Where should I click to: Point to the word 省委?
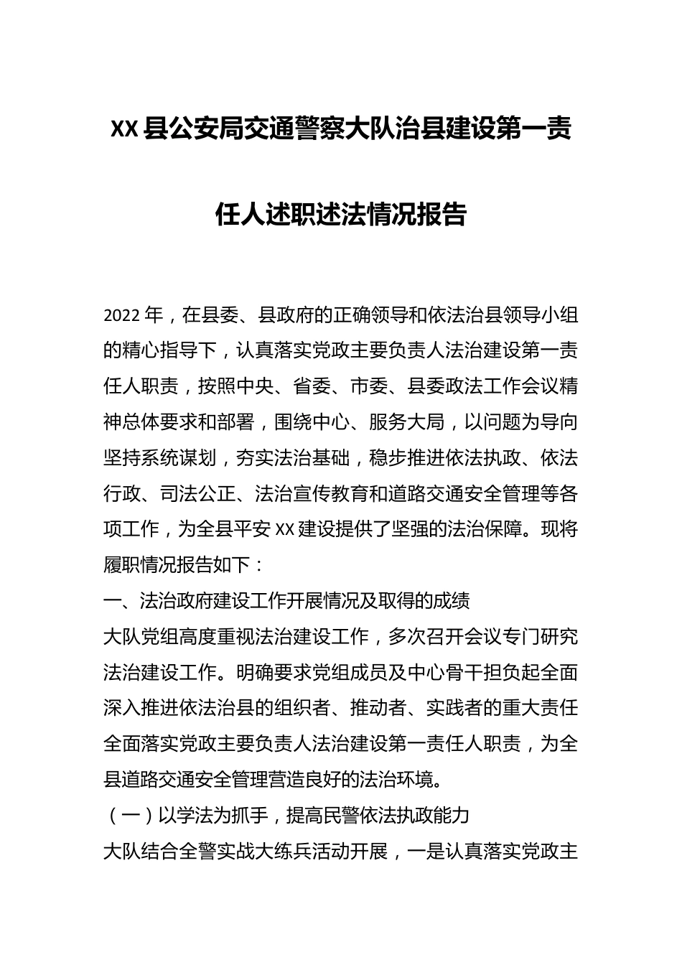(x=312, y=386)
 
